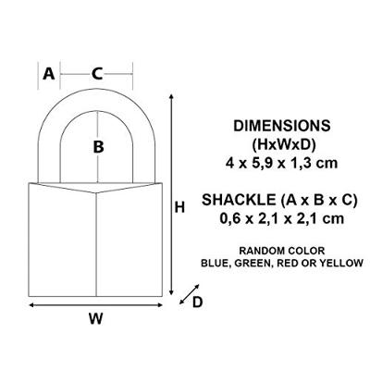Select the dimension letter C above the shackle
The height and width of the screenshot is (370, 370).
click(x=96, y=74)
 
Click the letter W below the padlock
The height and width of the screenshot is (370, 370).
click(x=95, y=321)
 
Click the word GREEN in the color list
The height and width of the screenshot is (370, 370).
click(x=262, y=263)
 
